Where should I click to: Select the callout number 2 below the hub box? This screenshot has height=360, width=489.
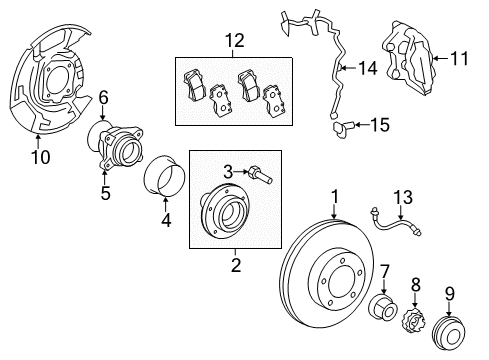[x=236, y=264]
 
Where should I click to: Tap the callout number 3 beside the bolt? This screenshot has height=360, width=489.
[x=227, y=173]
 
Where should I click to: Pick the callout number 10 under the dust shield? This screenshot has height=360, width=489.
[x=41, y=158]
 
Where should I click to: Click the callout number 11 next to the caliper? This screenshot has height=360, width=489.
[x=460, y=58]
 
